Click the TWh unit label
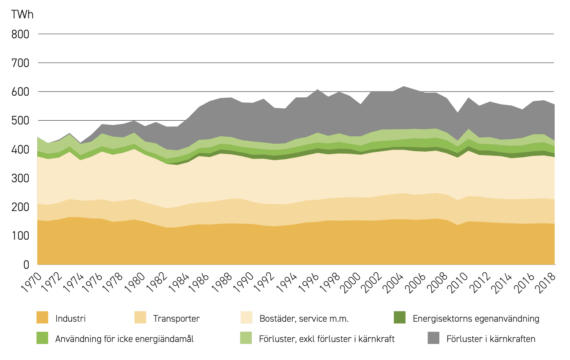[x=22, y=15]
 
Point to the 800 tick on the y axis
[x=20, y=34]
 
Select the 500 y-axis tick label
[x=20, y=121]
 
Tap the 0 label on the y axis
[x=26, y=265]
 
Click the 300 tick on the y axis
[x=20, y=178]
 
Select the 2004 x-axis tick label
[x=393, y=283]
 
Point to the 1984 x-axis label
[x=179, y=283]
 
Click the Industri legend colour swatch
[x=42, y=317]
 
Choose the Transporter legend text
[x=176, y=319]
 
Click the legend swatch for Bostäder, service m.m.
[x=246, y=317]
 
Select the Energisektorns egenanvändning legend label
[x=476, y=319]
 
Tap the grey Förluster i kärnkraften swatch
[x=433, y=338]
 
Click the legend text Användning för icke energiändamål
[x=124, y=339]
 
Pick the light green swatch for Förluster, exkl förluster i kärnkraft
[x=246, y=338]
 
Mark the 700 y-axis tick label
[x=20, y=63]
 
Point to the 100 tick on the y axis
[x=20, y=236]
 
